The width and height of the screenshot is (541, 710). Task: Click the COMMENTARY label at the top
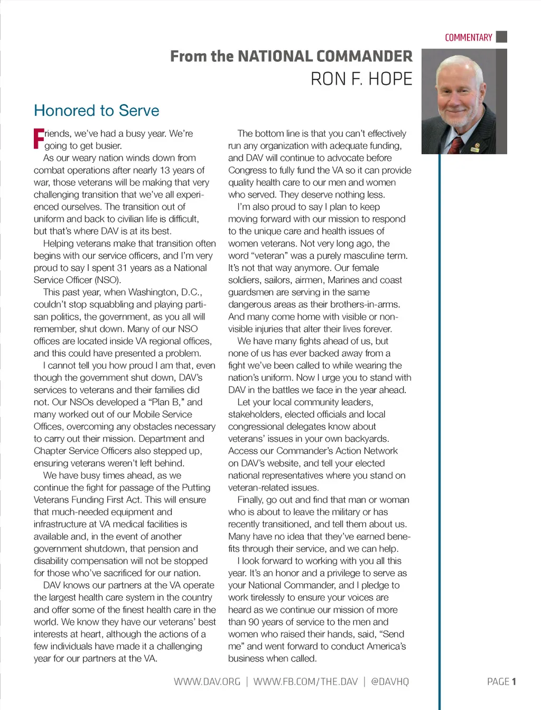coord(468,38)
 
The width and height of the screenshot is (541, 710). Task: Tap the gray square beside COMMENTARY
coord(502,37)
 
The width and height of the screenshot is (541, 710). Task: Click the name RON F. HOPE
coord(361,79)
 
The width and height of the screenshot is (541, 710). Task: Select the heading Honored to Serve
coord(96,110)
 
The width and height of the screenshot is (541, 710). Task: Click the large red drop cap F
coord(39,138)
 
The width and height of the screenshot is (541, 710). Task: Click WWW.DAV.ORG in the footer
coord(207,681)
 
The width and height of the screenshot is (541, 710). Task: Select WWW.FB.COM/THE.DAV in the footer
coord(305,681)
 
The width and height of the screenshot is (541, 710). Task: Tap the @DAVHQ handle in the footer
coord(390,681)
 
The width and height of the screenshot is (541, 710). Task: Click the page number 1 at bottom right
coord(514,681)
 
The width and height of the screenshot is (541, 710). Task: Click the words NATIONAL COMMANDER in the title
coord(325,56)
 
